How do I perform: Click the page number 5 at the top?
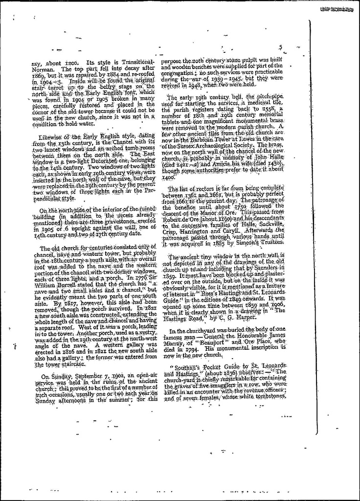tap(281, 47)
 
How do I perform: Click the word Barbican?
tap(220, 138)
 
